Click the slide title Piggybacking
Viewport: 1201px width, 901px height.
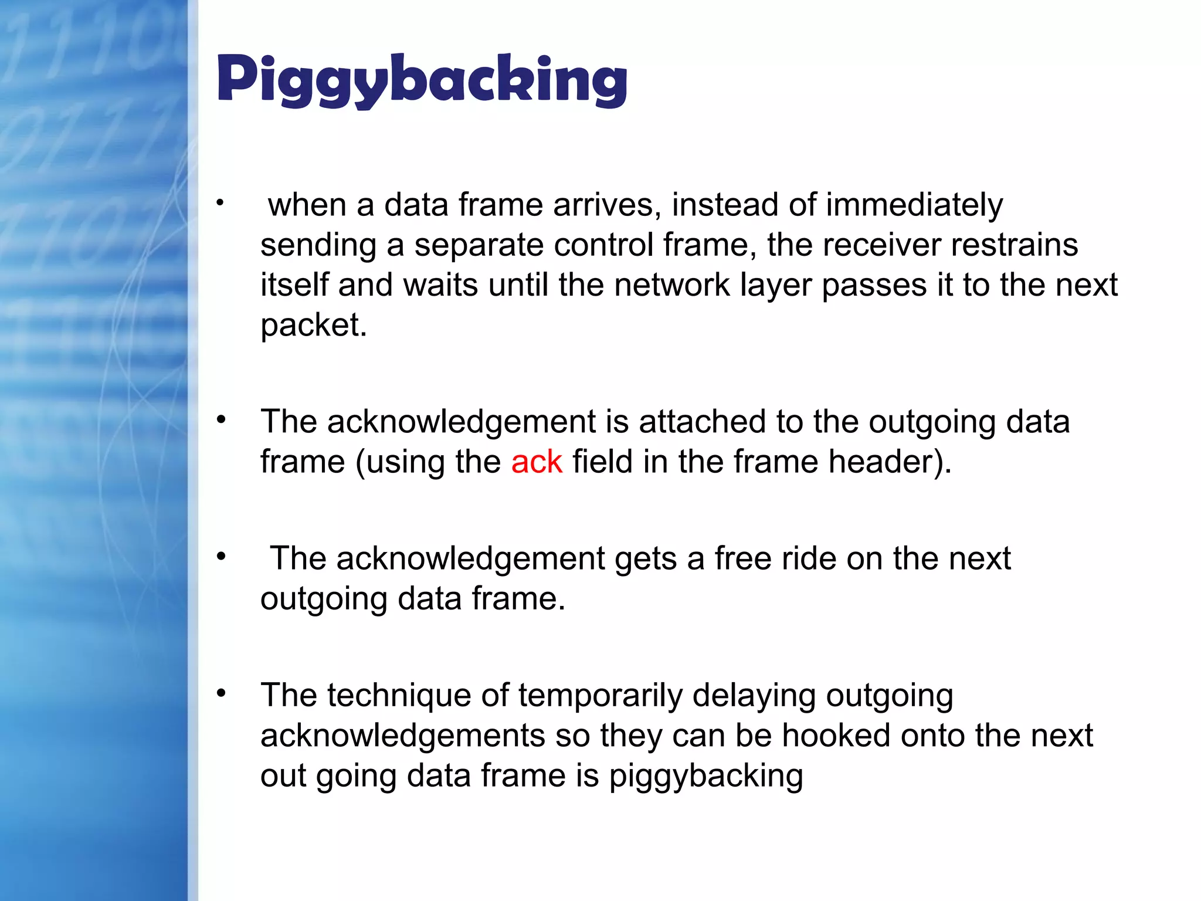pyautogui.click(x=422, y=80)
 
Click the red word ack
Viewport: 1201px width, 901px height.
pyautogui.click(x=536, y=462)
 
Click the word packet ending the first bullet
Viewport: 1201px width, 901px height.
pyautogui.click(x=313, y=326)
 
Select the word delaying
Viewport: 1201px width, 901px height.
pyautogui.click(x=754, y=696)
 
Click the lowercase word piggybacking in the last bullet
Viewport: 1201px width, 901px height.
pyautogui.click(x=705, y=776)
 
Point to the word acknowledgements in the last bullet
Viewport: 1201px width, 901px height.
pyautogui.click(x=403, y=736)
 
